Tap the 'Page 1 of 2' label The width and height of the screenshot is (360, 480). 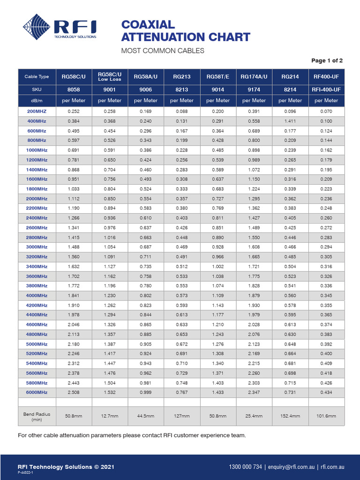(327, 60)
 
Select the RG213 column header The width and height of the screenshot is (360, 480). (182, 76)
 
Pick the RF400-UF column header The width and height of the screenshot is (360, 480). (326, 76)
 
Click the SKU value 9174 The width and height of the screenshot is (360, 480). (254, 89)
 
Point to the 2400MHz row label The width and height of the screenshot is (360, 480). (37, 218)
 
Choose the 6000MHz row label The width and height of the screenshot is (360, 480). (37, 392)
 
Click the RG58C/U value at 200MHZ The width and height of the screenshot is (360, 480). (74, 112)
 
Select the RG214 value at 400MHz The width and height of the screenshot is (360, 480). (290, 121)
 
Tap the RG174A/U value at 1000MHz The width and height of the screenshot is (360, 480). (254, 150)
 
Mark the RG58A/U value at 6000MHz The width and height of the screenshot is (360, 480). (146, 392)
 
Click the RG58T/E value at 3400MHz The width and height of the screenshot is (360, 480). (218, 266)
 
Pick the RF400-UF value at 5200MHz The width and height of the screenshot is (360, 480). (326, 353)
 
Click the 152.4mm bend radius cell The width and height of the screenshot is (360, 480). (290, 416)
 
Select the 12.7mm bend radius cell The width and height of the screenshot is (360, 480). (110, 416)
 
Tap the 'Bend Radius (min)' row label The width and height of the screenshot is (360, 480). (37, 416)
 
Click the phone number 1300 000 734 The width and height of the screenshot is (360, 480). (245, 467)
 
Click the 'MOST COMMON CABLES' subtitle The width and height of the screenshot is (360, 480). (163, 51)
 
